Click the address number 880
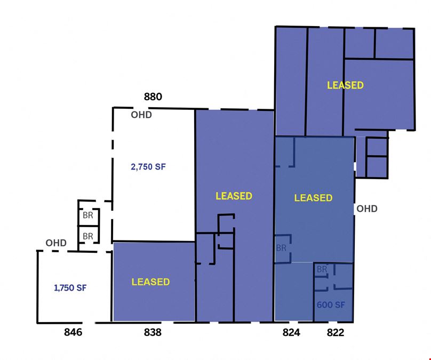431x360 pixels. click(x=153, y=97)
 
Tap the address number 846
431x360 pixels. click(x=73, y=332)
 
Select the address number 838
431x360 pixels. click(x=153, y=332)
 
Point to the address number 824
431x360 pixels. click(x=291, y=332)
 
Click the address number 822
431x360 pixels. click(x=336, y=332)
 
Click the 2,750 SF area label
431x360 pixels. click(x=148, y=167)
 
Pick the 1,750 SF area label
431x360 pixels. click(x=70, y=287)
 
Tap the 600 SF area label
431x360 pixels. click(x=331, y=305)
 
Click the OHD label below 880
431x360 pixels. click(x=141, y=115)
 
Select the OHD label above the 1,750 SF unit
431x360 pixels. click(x=56, y=243)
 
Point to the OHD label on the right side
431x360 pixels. click(x=366, y=209)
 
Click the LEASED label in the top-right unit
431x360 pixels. click(x=345, y=85)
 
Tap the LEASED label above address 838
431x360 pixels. click(x=150, y=282)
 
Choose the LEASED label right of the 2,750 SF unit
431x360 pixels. click(x=234, y=196)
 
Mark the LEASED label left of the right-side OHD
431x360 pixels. click(x=313, y=197)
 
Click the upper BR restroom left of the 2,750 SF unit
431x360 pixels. click(x=88, y=215)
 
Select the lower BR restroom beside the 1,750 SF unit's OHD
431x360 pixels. click(x=88, y=236)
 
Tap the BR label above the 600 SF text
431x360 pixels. click(x=322, y=269)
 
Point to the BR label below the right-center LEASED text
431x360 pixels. click(x=281, y=248)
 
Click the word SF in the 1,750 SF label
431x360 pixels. click(x=82, y=287)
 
